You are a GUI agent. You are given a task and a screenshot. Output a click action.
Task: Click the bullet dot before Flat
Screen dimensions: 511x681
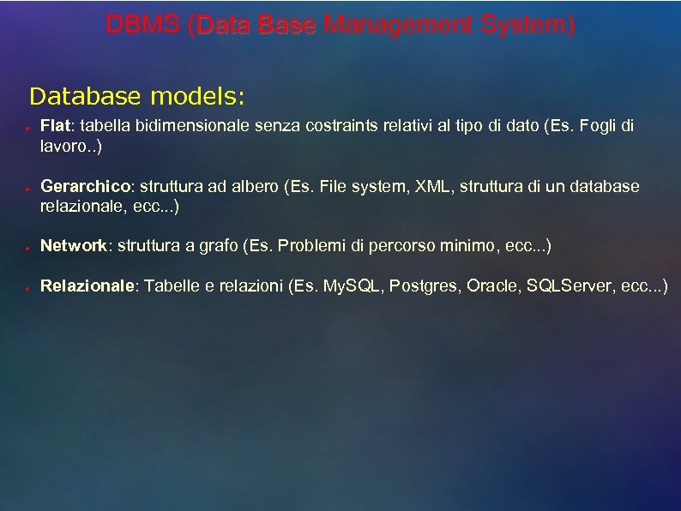pos(27,129)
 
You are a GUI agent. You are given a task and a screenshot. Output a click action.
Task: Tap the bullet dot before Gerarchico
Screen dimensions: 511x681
pos(27,189)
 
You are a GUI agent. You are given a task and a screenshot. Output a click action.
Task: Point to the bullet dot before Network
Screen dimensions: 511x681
pos(27,248)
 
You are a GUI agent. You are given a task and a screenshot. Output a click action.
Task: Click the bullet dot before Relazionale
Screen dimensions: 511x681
pos(27,288)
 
